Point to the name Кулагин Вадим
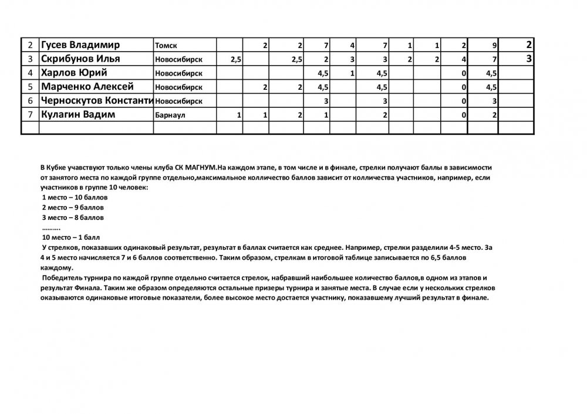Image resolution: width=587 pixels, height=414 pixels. click(x=77, y=115)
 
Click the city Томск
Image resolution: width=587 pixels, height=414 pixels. click(x=166, y=46)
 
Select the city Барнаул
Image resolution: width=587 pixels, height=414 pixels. click(x=170, y=116)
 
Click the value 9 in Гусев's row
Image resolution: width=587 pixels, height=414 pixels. click(x=495, y=46)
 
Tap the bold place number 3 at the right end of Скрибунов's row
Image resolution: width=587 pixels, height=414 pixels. click(x=529, y=59)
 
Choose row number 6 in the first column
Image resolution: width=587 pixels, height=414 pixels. click(x=30, y=101)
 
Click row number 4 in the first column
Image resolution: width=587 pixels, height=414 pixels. click(x=30, y=73)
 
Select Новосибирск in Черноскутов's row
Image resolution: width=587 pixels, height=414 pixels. click(x=178, y=101)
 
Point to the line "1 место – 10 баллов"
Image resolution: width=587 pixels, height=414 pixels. click(x=75, y=198)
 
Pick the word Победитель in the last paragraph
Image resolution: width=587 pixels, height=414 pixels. click(x=62, y=277)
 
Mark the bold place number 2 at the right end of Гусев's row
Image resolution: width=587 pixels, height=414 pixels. click(x=529, y=45)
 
